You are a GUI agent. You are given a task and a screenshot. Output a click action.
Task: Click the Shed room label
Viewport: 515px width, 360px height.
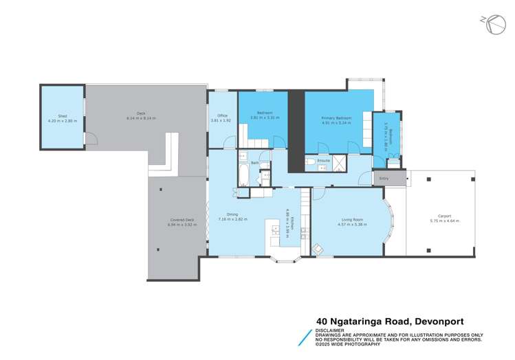[x=62, y=116]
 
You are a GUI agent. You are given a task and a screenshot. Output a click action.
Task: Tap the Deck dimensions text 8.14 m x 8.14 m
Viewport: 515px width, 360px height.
[x=141, y=118]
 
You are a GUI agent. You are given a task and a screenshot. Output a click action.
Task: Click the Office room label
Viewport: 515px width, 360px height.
[x=222, y=115]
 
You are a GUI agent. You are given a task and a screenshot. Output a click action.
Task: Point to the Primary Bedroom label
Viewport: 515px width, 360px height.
[x=336, y=118]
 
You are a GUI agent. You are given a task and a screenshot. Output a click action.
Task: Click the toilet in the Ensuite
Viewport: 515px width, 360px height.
[x=311, y=162]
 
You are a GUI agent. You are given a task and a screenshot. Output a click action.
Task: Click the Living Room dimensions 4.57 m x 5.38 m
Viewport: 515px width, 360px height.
[x=349, y=224]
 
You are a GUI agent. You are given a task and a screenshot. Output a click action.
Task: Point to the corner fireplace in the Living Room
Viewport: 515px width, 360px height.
[x=318, y=249]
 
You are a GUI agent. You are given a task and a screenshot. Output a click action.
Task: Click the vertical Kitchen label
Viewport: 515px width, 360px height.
[x=291, y=221]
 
